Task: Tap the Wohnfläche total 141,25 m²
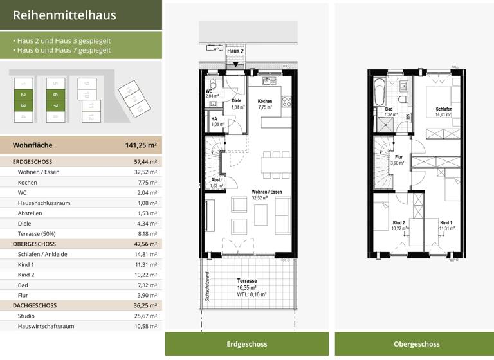(x=140, y=145)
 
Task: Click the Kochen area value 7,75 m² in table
(x=147, y=183)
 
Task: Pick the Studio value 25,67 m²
(x=145, y=316)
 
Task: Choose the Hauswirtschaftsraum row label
(x=46, y=326)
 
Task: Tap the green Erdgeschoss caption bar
(x=246, y=344)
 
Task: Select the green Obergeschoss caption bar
(x=411, y=344)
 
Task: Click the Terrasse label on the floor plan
(x=247, y=281)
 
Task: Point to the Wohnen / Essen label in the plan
(x=266, y=192)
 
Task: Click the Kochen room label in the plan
(x=265, y=102)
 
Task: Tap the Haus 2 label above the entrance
(x=236, y=51)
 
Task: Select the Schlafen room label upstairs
(x=443, y=109)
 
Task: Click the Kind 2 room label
(x=399, y=223)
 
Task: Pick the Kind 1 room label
(x=446, y=222)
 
